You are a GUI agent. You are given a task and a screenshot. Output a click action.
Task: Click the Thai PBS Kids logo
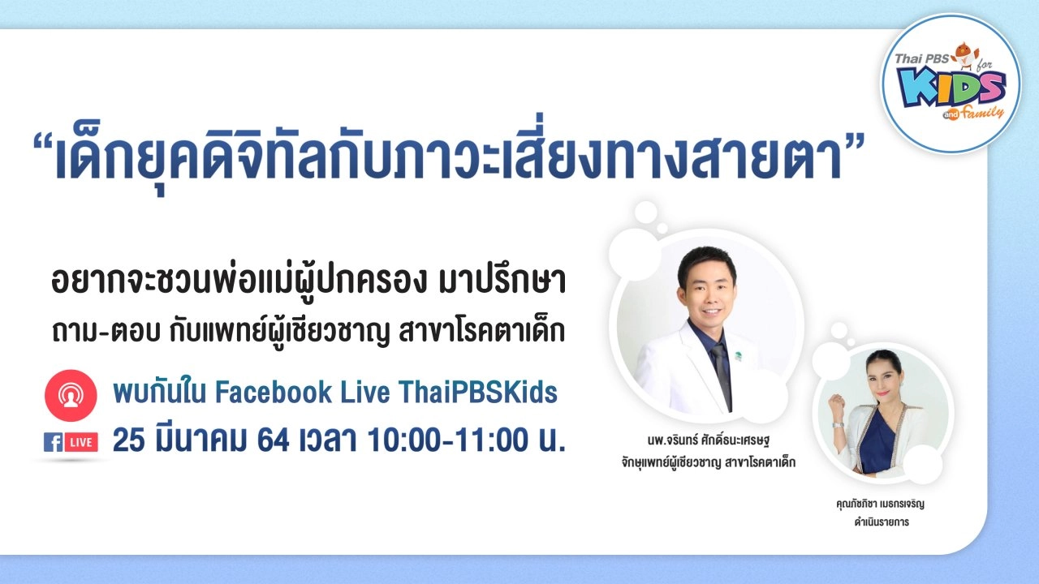(951, 84)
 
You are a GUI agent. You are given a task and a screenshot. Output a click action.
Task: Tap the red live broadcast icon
(71, 395)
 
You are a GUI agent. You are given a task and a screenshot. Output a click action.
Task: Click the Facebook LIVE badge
(71, 442)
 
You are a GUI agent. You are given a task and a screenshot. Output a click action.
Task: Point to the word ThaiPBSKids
(478, 393)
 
